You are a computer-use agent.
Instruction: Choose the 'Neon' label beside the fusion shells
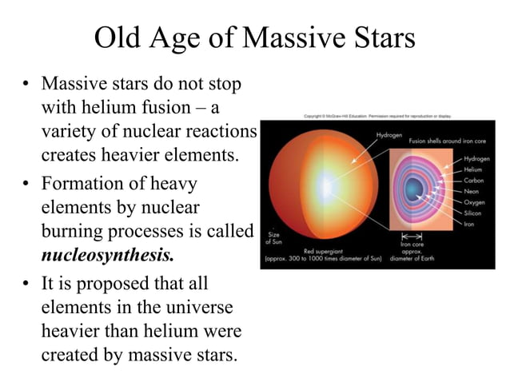click(x=472, y=191)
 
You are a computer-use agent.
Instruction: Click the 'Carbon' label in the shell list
click(x=474, y=181)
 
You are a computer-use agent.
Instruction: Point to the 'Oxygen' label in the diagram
click(x=474, y=202)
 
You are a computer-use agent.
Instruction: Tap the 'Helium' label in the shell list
click(x=473, y=169)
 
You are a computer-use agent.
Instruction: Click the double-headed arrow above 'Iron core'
click(x=411, y=237)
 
